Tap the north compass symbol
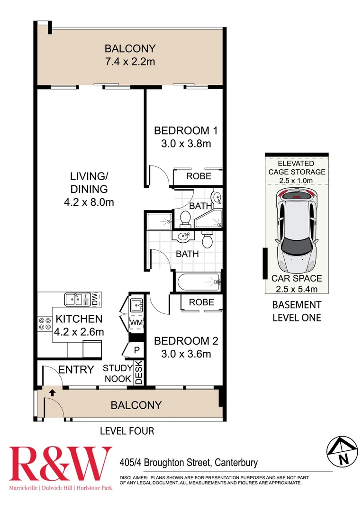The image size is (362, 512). (342, 451)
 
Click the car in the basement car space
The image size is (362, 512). (297, 232)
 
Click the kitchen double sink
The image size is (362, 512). (76, 299)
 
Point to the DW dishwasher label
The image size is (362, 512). (94, 299)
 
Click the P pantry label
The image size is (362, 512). (137, 350)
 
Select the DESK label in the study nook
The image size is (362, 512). (139, 373)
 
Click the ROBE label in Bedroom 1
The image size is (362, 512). (199, 176)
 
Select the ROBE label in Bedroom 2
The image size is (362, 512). (201, 302)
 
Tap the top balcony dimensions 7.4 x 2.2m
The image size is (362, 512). (130, 61)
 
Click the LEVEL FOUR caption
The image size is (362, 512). (127, 431)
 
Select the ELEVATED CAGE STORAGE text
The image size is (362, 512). (297, 168)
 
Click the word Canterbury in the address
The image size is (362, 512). (237, 462)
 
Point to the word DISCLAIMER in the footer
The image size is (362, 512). (134, 477)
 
